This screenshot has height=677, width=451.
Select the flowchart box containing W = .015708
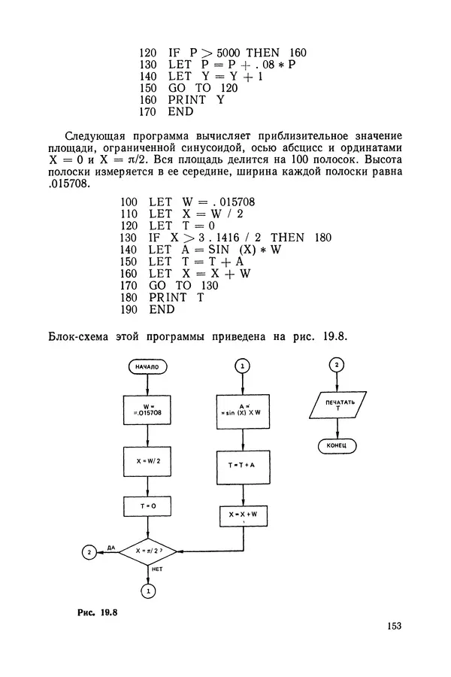click(147, 410)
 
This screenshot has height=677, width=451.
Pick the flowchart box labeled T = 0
click(147, 508)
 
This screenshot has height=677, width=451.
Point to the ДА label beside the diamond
click(110, 548)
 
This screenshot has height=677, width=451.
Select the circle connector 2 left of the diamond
click(90, 552)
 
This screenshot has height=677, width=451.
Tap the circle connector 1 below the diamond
click(147, 592)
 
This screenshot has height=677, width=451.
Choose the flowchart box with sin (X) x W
click(242, 410)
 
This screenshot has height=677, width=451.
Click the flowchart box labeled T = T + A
click(242, 466)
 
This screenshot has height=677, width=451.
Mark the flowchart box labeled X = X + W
click(242, 516)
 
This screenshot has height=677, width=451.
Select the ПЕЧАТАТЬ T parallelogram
click(337, 407)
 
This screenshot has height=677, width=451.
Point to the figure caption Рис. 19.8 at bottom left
click(98, 612)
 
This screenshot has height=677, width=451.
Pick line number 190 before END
click(129, 309)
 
